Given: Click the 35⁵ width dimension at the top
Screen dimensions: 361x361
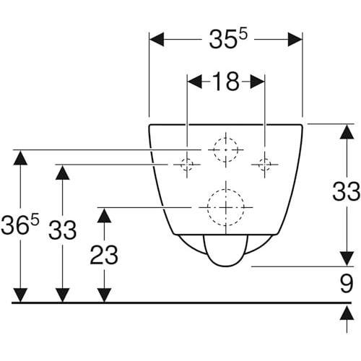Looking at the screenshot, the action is [x=227, y=39].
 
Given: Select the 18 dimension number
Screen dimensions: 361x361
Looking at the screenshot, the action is [x=226, y=82].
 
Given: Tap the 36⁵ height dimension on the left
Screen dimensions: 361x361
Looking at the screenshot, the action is [x=19, y=225].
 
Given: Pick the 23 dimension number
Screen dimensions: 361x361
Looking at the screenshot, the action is [x=104, y=255].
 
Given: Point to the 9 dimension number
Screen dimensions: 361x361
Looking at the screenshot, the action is [x=347, y=283].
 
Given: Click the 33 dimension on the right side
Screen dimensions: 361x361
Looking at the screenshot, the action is [x=346, y=191].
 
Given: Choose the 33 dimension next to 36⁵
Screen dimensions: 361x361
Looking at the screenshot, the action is [x=62, y=230].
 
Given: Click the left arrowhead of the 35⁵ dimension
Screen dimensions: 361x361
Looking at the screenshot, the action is [x=157, y=39].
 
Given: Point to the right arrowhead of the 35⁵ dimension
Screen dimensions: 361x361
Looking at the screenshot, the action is [x=295, y=39].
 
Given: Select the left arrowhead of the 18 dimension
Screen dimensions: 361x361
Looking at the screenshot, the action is [x=195, y=82].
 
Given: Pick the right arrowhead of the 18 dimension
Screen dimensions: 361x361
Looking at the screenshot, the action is [x=258, y=82].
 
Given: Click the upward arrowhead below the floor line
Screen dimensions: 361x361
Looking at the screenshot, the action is [x=347, y=313].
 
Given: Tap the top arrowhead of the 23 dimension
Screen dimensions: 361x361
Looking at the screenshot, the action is [x=104, y=215].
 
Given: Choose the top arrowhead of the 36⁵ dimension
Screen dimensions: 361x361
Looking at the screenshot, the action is [x=20, y=157].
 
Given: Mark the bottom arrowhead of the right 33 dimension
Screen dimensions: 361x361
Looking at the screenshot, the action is [x=347, y=258].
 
